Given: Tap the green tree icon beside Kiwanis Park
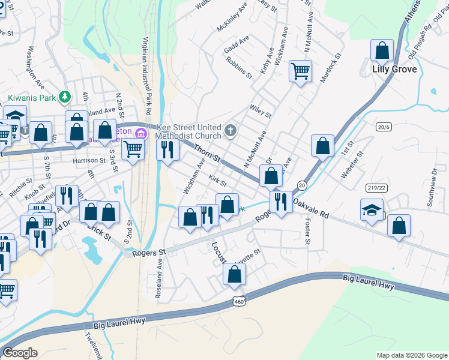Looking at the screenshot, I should pyautogui.click(x=65, y=96).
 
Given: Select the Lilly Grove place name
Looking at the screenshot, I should pyautogui.click(x=394, y=70).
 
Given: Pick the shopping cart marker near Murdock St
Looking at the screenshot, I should pyautogui.click(x=300, y=71).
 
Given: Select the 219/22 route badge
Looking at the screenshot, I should pyautogui.click(x=376, y=188).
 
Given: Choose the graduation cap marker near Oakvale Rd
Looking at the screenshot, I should pyautogui.click(x=372, y=211).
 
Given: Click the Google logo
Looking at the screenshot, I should pyautogui.click(x=20, y=353).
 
